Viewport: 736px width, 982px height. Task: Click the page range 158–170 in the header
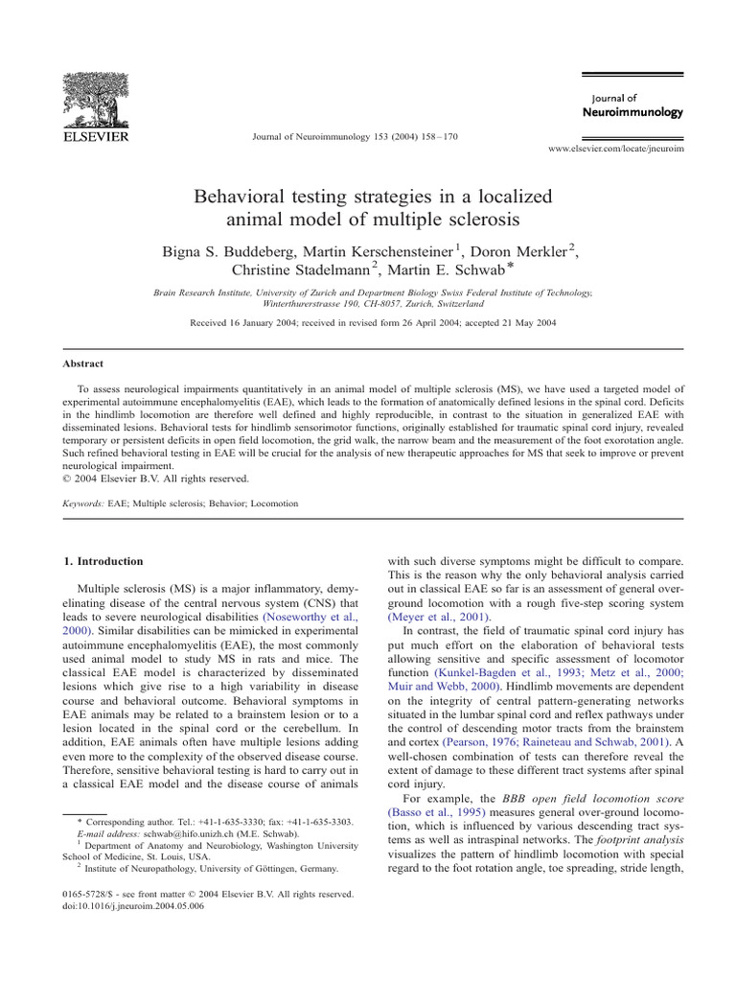pyautogui.click(x=434, y=137)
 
